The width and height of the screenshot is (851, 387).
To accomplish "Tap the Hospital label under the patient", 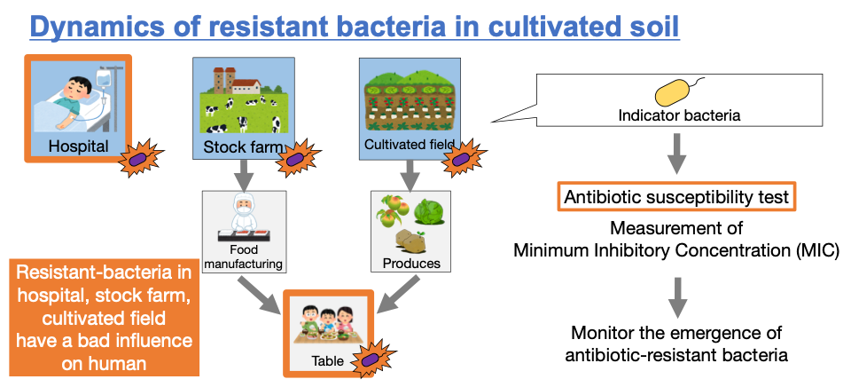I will tap(78, 145).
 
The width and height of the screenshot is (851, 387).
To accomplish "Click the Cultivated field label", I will tap(409, 143).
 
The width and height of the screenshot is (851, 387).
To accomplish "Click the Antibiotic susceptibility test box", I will tap(675, 197).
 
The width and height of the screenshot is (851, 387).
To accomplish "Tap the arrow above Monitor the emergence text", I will tap(676, 296).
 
